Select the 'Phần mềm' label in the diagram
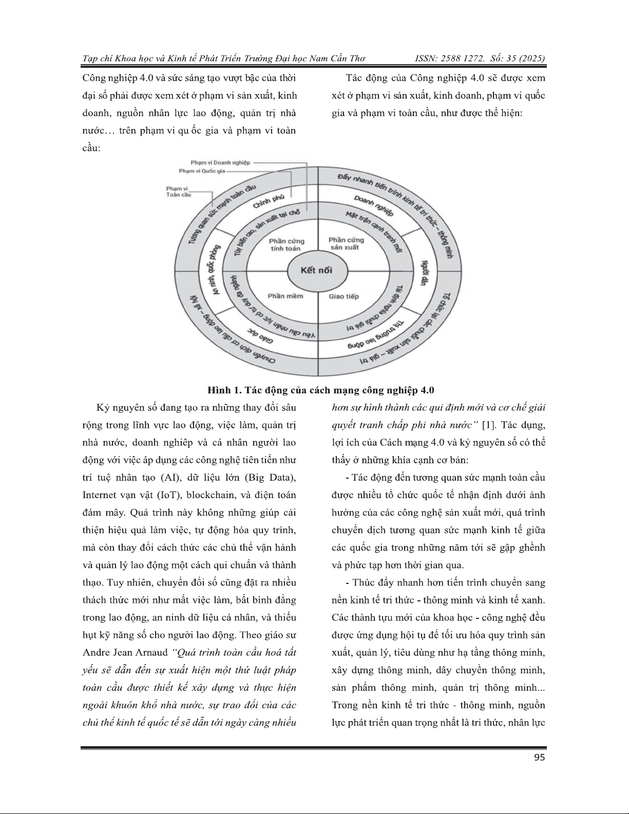(285, 296)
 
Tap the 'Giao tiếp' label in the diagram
(344, 296)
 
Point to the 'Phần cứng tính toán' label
(286, 244)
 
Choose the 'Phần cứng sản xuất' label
(346, 243)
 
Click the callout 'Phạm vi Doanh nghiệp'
(220, 163)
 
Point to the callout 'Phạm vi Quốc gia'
(202, 171)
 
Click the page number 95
(539, 758)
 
